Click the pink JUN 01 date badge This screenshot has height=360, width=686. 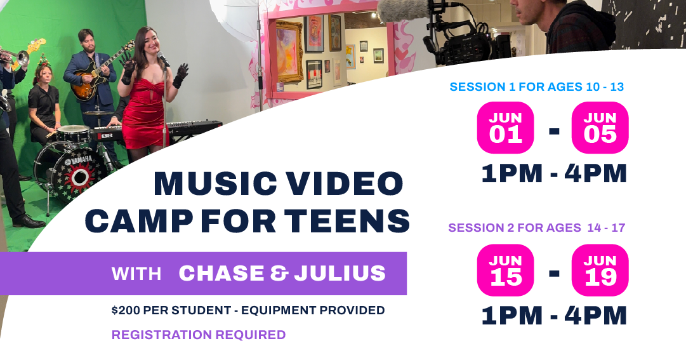coord(506,128)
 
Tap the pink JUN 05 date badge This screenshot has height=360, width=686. coord(600,128)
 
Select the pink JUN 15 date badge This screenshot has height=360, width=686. coord(506,270)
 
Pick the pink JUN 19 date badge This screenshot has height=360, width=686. coord(600,270)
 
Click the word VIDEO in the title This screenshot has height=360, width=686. coord(343,185)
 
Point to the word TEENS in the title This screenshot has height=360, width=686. coord(347,221)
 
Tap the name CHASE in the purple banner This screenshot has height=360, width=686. coord(221,274)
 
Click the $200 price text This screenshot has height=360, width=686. coord(126,310)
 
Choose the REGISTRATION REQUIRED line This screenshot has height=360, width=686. coord(199,335)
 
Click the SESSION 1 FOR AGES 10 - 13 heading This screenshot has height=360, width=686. coord(536,87)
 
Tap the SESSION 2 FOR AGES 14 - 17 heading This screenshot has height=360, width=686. coord(536,227)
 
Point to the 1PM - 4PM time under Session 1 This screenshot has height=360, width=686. coord(554,173)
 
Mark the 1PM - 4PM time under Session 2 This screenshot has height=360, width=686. coord(554,316)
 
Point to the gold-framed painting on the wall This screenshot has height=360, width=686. coord(289,51)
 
